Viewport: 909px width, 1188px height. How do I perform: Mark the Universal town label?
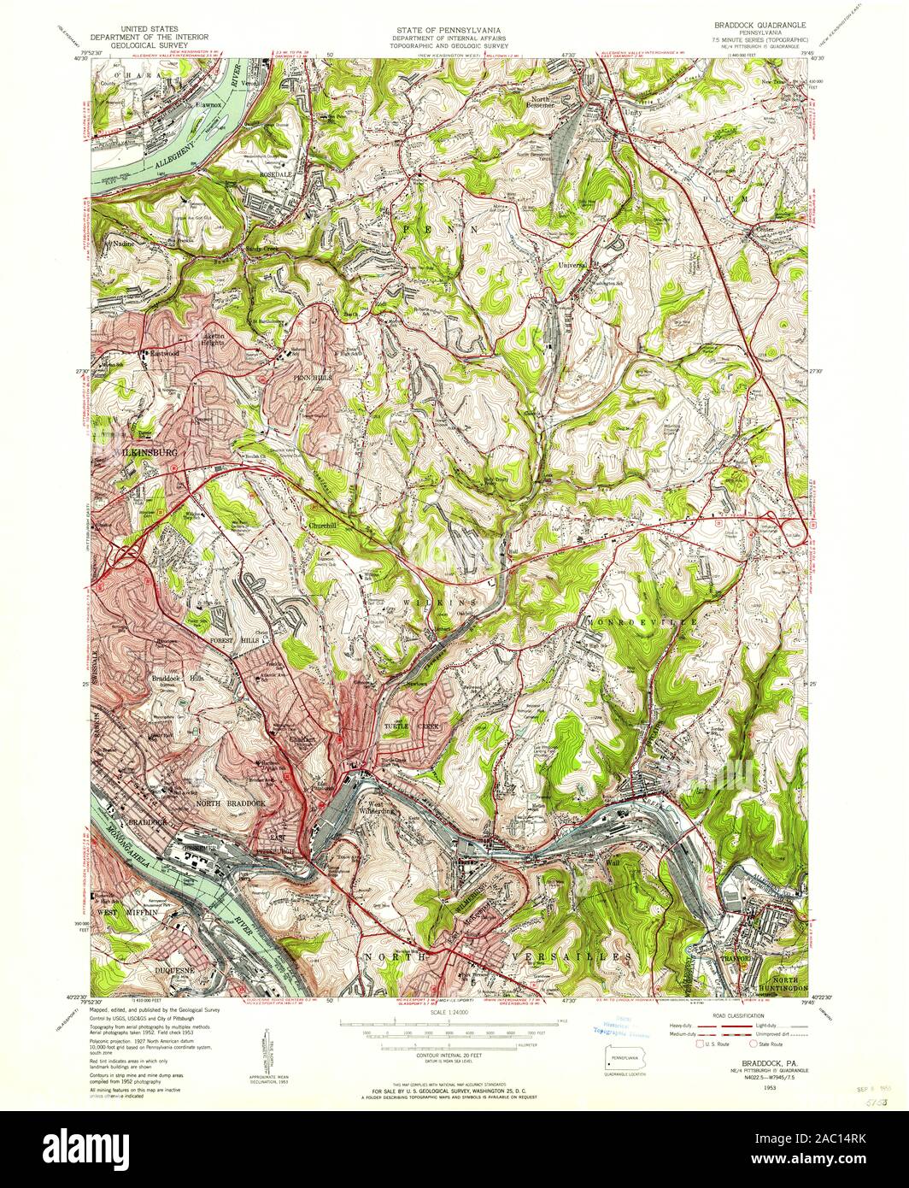coord(574,266)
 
